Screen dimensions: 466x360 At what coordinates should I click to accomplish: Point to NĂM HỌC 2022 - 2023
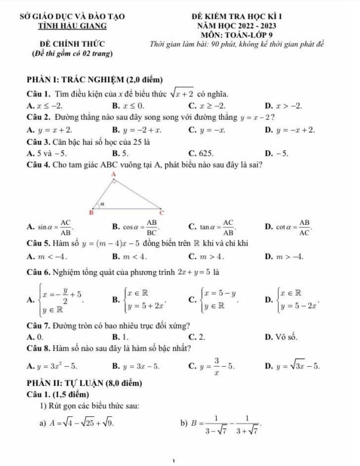click(254, 26)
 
